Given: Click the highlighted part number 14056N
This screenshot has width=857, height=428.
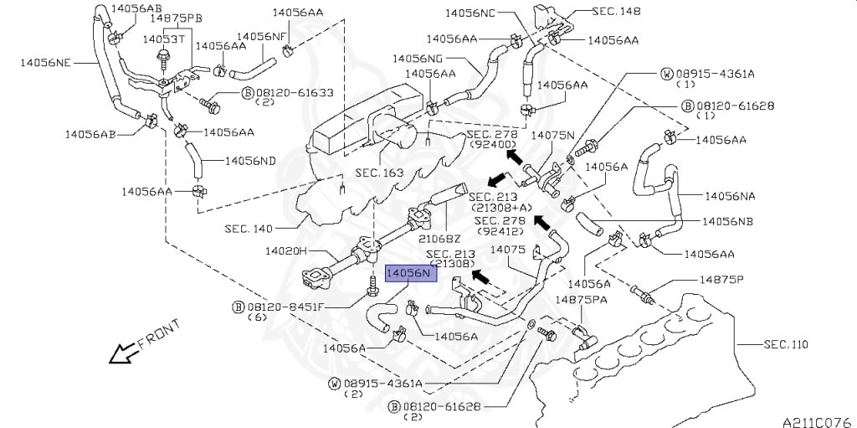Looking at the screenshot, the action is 412,272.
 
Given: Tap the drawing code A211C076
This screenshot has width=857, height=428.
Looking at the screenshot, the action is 819,422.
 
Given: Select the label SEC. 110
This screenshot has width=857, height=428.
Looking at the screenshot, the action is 785,345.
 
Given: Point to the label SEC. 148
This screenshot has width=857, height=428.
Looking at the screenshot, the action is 617,11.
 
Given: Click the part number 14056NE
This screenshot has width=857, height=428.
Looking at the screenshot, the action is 46,63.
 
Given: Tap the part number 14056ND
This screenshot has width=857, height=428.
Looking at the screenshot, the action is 250,161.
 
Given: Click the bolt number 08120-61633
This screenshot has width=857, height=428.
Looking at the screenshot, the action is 294,93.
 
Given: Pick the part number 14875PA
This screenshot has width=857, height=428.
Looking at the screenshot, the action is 581,299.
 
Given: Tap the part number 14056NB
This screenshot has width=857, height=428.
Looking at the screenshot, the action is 727,221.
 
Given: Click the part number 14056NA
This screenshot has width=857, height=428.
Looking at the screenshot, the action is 730,195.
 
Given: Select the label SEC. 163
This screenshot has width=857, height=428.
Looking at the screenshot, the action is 379,173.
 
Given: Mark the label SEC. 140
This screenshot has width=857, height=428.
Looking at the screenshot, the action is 249,228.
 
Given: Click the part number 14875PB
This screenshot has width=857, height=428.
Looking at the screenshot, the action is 177,18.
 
